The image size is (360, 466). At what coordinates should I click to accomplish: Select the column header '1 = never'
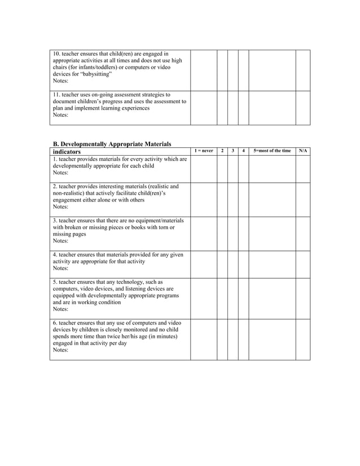pos(204,151)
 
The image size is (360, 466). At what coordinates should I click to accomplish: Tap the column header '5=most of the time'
pos(272,151)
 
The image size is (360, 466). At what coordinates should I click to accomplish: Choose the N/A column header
pos(303,151)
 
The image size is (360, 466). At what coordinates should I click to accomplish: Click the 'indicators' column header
pos(67,152)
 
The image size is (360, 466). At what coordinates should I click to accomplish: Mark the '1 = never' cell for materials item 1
pos(204,169)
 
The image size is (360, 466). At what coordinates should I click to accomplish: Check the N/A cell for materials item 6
pos(303,339)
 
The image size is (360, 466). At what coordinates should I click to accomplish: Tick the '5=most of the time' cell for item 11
pos(272,108)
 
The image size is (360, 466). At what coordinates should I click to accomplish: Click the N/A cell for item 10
pos(303,70)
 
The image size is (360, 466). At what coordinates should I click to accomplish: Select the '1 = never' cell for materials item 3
pos(204,234)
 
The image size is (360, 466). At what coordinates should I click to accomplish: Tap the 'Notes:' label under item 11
pos(60,115)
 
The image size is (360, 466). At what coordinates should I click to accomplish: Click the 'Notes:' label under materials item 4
pos(60,269)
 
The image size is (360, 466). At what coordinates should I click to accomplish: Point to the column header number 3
pos(233,151)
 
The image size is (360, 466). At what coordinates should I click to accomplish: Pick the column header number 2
pos(222,151)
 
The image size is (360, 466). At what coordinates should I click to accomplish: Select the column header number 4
pos(243,151)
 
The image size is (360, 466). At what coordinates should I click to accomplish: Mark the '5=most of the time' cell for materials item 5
pos(272,298)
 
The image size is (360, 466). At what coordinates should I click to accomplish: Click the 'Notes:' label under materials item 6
pos(60,350)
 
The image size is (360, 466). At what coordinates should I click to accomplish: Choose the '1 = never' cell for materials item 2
pos(204,199)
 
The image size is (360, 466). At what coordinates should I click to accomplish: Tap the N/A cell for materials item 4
pos(303,264)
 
